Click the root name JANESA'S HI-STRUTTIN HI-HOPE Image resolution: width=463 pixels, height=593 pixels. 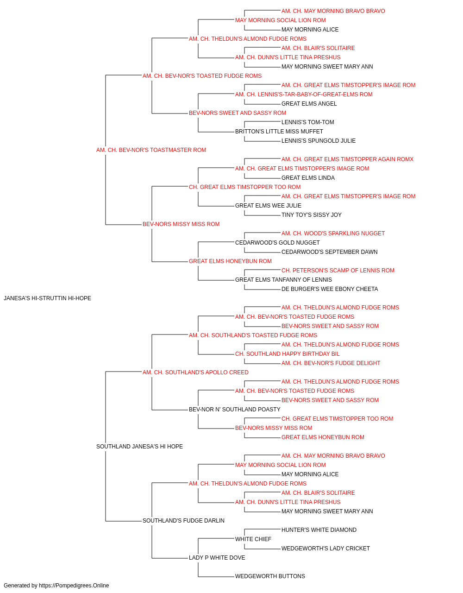coord(47,298)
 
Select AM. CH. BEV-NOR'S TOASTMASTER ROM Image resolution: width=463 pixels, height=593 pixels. coord(151,150)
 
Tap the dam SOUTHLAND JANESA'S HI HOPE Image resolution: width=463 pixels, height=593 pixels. coord(139,447)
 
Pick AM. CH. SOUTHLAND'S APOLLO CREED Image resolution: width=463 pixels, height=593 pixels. coord(195,372)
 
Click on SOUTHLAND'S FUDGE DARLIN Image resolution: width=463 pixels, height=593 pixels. coord(183,521)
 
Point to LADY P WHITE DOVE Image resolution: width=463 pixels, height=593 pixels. coord(217,558)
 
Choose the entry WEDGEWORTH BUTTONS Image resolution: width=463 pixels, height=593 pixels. coord(270,576)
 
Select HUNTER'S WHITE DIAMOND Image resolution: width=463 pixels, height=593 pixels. coord(319,530)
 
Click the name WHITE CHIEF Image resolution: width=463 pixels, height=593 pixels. coord(253,539)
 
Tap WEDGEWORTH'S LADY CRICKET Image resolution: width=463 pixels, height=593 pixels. coord(325,549)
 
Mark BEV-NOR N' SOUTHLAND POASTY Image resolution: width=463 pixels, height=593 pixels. coord(234,410)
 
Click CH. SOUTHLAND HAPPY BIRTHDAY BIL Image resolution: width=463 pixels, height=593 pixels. coord(288,353)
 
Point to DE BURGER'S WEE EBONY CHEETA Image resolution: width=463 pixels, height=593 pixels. coord(330,289)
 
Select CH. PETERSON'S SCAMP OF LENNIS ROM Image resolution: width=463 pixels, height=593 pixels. coord(338,271)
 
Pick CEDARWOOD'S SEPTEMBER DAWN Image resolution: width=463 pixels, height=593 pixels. coord(329,252)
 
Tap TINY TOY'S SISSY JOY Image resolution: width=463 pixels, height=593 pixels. coord(312,215)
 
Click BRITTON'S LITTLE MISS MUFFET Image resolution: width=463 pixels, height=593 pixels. coord(279,132)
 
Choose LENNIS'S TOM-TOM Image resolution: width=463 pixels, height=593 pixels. coord(307,122)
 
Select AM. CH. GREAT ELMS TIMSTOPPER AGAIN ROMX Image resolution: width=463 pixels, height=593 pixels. coord(347,159)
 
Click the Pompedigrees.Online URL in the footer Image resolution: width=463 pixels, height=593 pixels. coord(74,586)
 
